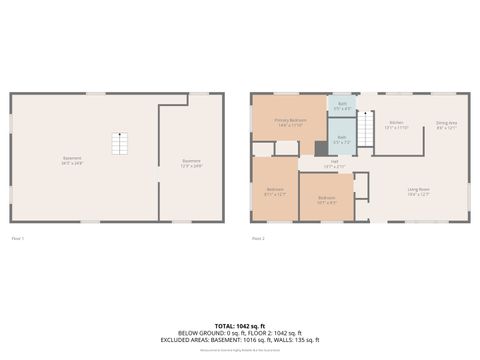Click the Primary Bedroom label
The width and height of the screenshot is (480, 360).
pos(291,121)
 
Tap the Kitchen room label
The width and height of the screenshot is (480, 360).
pos(397,126)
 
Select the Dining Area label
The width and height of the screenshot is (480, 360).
pos(446,126)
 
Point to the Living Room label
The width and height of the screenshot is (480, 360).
pos(418,191)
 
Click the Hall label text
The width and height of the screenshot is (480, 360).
pos(334,163)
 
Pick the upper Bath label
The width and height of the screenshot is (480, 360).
pos(341,106)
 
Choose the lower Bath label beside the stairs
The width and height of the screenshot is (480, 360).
pos(341,139)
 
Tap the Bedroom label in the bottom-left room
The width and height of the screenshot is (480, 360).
pos(275,191)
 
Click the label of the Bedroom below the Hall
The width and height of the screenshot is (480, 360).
pos(327,199)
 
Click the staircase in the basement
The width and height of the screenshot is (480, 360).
pos(121,144)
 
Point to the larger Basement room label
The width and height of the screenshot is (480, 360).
pos(72,160)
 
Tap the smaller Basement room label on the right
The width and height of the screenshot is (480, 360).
pos(191,163)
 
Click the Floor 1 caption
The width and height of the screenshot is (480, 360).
pos(17,238)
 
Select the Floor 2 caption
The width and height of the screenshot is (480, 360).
pos(258,238)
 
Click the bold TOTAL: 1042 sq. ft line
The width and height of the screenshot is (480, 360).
pos(239,326)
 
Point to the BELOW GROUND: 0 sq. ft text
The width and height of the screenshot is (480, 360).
pos(239,334)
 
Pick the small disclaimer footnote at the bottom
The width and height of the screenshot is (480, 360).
pos(239,350)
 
